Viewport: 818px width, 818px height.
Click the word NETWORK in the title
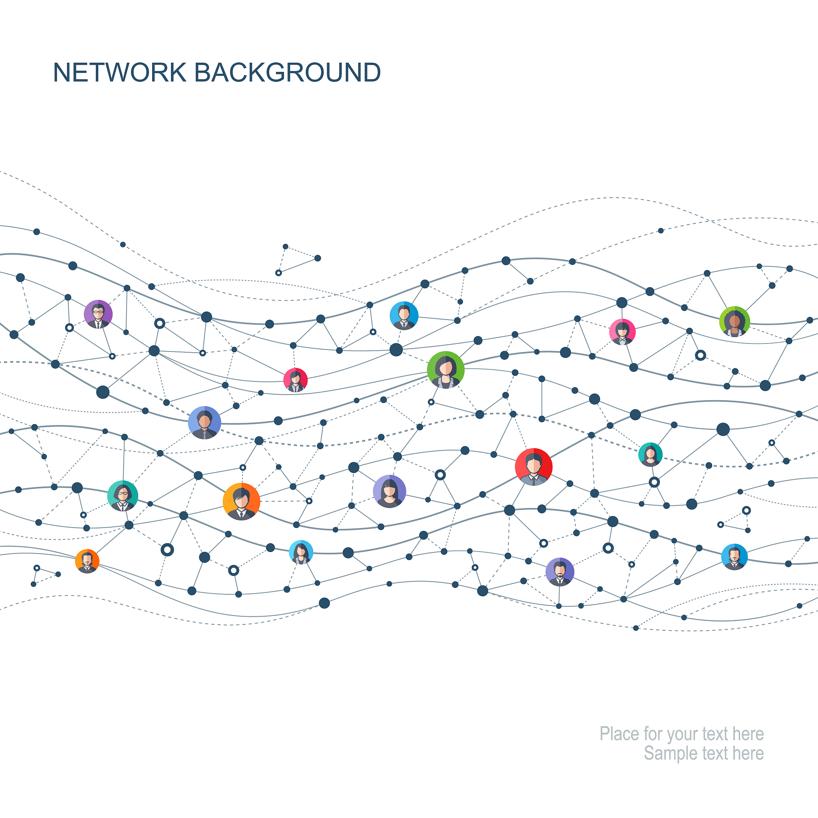click(120, 72)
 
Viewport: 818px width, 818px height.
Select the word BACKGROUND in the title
click(288, 72)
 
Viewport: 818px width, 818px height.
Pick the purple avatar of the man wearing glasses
click(98, 314)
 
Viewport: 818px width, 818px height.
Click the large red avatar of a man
click(534, 467)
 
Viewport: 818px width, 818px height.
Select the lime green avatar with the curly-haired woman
click(735, 322)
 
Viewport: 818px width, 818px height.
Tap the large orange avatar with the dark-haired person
click(241, 501)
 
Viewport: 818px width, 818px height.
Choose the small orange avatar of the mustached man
click(87, 562)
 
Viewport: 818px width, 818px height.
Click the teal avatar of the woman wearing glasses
click(123, 496)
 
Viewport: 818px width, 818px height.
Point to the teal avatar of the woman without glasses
click(650, 454)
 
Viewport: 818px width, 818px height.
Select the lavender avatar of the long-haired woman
click(389, 491)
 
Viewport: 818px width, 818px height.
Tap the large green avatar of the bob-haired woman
click(446, 370)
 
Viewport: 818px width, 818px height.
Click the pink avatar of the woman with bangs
click(622, 332)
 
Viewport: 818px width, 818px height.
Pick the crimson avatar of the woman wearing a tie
click(296, 380)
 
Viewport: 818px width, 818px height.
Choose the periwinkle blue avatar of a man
click(204, 423)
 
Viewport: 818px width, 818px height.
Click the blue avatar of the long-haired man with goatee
click(735, 557)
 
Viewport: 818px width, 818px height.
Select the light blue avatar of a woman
click(301, 552)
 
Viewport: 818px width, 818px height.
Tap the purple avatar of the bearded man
click(560, 572)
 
